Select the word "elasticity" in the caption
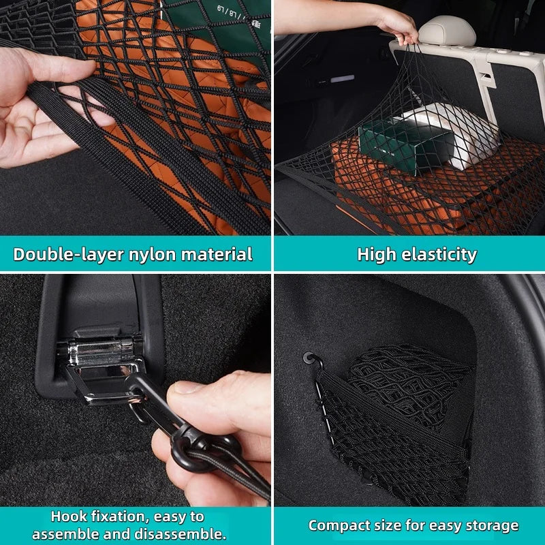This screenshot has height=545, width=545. pyautogui.click(x=439, y=255)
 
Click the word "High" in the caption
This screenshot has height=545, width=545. pyautogui.click(x=377, y=255)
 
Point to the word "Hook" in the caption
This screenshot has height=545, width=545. pyautogui.click(x=69, y=516)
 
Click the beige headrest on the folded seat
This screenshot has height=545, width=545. pyautogui.click(x=447, y=31)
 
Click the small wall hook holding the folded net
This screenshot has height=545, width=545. pyautogui.click(x=312, y=360)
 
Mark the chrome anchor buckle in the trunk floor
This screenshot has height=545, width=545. pyautogui.click(x=104, y=369)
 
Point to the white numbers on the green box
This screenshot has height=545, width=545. pyautogui.click(x=228, y=12)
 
